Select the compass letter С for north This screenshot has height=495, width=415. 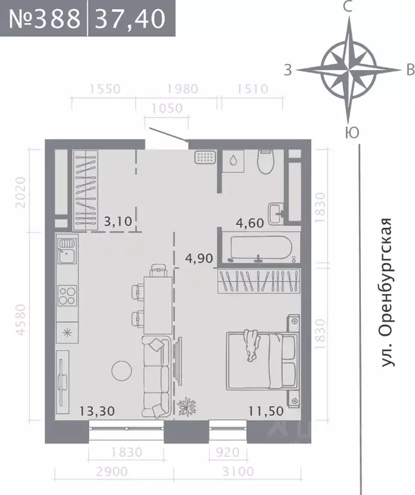coord(348,8)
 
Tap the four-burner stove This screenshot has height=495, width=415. coord(67,295)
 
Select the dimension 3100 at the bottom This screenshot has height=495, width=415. coord(240,472)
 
